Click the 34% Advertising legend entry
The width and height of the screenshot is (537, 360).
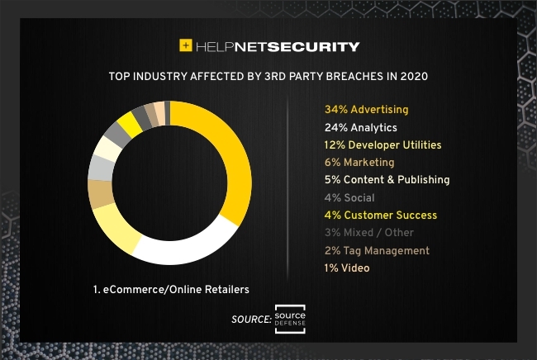tap(367, 109)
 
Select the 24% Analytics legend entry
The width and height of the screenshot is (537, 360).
tap(362, 127)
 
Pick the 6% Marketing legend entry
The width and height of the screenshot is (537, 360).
tap(360, 163)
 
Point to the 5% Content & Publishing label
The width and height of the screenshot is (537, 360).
tap(387, 179)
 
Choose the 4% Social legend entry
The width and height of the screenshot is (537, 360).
tap(349, 197)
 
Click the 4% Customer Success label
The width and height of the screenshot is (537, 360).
tap(381, 215)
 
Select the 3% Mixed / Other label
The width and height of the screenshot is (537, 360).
tap(369, 233)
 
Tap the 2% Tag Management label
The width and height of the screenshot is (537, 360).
tap(378, 250)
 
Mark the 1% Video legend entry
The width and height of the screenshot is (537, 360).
tap(348, 268)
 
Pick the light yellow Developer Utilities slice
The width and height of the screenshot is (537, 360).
tap(116, 228)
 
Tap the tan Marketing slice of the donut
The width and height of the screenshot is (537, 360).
tap(101, 194)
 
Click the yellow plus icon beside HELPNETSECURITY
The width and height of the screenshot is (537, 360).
tap(186, 46)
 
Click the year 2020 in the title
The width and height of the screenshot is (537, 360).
tap(413, 76)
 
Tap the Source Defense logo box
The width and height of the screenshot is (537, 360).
tap(290, 319)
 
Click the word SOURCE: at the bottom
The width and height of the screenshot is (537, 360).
tap(251, 319)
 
